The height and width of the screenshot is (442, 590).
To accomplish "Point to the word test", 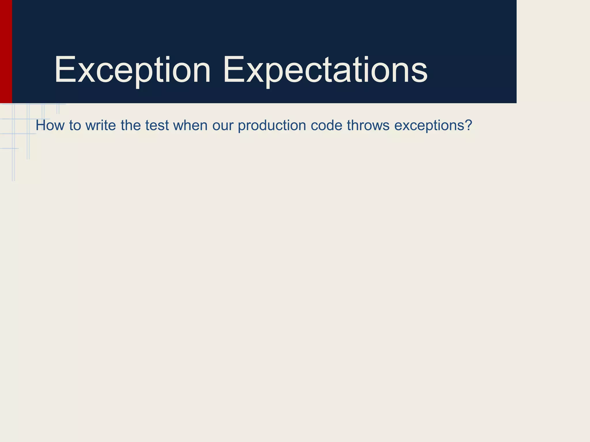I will pos(157,125).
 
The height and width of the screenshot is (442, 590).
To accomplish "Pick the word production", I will pos(272,125).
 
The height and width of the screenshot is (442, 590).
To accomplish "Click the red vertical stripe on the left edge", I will pos(6,52).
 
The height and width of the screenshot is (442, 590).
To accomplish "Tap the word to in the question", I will pos(75,125).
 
